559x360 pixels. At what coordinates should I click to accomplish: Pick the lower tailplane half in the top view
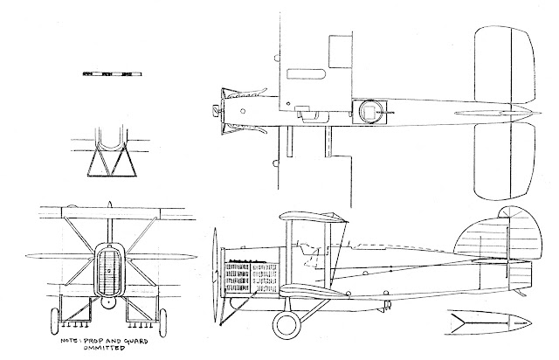pos(504,163)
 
